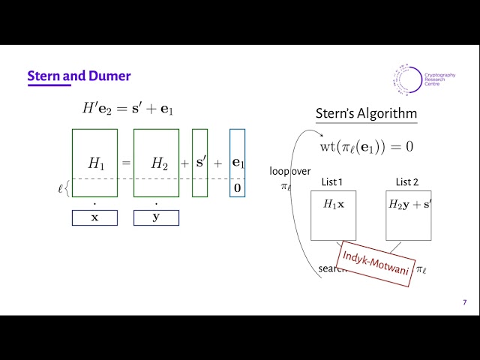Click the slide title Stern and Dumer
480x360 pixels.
(79, 76)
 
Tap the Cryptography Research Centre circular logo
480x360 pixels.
(406, 81)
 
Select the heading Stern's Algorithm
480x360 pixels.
(366, 114)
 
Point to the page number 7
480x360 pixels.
(464, 302)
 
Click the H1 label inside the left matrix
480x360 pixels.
(95, 163)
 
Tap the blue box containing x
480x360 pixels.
(94, 217)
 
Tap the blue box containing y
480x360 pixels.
(156, 217)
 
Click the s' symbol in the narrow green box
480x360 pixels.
(200, 162)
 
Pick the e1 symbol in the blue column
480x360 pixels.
(237, 162)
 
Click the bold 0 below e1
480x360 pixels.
(237, 188)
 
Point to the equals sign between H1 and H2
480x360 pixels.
(126, 163)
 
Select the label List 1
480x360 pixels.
(331, 182)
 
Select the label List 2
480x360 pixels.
(407, 182)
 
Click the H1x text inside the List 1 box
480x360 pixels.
(334, 204)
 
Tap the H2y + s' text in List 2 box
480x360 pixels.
(409, 204)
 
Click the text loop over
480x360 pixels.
(289, 171)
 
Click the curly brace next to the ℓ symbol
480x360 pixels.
(67, 187)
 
